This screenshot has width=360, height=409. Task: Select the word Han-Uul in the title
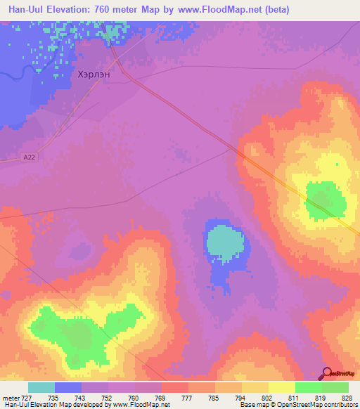pos(24,10)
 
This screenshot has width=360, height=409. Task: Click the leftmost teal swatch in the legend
pos(41,387)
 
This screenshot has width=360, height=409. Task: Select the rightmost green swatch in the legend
pos(335,387)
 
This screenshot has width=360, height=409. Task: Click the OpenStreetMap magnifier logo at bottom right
pos(326,372)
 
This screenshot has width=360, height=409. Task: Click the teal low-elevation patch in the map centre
pos(224,242)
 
